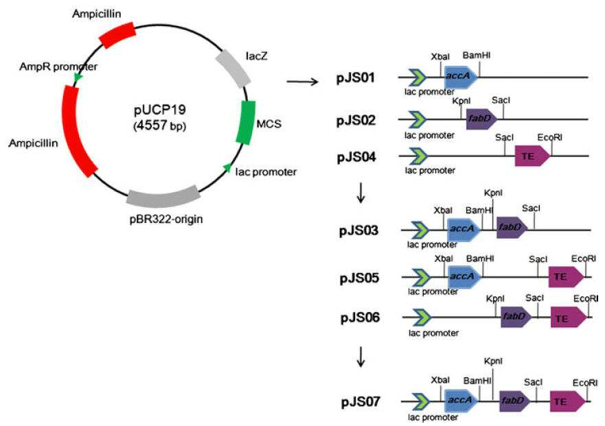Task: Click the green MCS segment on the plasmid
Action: [245, 123]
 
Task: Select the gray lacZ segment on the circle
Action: [233, 68]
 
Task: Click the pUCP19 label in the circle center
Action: [160, 110]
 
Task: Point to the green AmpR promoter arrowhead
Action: [78, 77]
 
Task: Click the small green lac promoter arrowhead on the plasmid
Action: [227, 167]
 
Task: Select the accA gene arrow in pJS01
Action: [461, 76]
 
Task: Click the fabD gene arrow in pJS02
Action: [481, 119]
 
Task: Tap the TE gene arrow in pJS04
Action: [532, 156]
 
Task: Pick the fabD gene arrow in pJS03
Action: [512, 228]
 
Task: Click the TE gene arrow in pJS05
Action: [566, 277]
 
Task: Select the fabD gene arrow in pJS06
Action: [516, 318]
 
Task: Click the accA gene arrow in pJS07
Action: [461, 401]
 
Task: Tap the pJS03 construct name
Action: [359, 231]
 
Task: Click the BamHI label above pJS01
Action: [477, 56]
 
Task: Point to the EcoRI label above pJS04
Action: [550, 138]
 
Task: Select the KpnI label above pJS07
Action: [493, 362]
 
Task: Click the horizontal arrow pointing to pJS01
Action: [302, 82]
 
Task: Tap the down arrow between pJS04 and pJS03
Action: [361, 193]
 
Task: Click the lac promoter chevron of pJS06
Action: [422, 318]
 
